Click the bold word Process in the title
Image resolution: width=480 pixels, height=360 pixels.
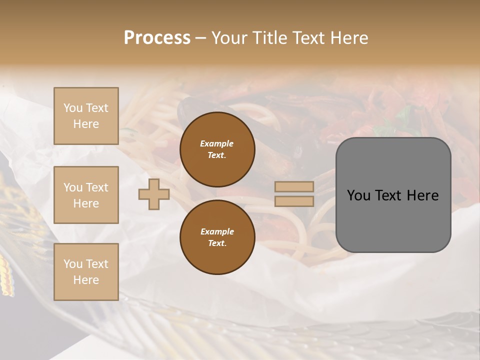pyautogui.click(x=157, y=37)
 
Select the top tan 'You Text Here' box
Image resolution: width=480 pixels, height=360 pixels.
pyautogui.click(x=86, y=116)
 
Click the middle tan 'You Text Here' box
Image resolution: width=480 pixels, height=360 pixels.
pyautogui.click(x=86, y=195)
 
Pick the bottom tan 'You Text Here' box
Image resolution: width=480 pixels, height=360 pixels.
pyautogui.click(x=86, y=272)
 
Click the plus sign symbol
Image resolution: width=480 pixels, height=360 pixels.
pyautogui.click(x=154, y=194)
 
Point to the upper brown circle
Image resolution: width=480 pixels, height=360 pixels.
pyautogui.click(x=217, y=149)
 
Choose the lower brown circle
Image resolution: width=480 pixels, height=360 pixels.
pyautogui.click(x=217, y=237)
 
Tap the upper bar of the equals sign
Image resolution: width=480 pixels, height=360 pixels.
pyautogui.click(x=294, y=187)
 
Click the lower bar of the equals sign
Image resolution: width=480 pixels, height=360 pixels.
pyautogui.click(x=294, y=201)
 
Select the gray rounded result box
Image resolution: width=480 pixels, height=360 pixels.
pyautogui.click(x=393, y=195)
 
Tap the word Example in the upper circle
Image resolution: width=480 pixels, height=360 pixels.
pyautogui.click(x=217, y=143)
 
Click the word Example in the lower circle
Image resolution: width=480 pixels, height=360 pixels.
pyautogui.click(x=217, y=231)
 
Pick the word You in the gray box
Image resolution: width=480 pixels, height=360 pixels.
pyautogui.click(x=358, y=195)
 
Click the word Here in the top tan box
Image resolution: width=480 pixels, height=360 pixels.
pyautogui.click(x=86, y=124)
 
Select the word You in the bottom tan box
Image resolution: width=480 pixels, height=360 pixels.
pyautogui.click(x=73, y=263)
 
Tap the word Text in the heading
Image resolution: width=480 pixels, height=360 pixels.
pyautogui.click(x=309, y=37)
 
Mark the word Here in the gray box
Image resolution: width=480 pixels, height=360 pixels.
pyautogui.click(x=422, y=195)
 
